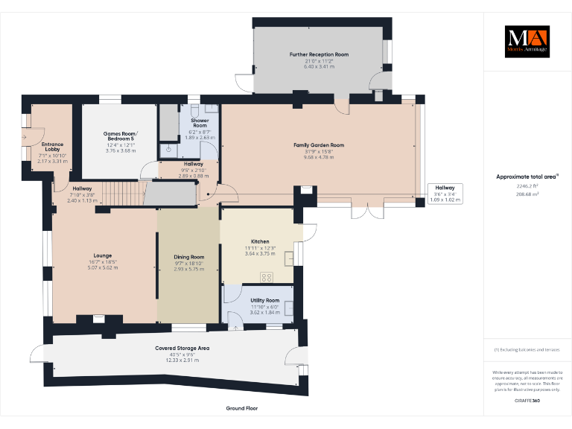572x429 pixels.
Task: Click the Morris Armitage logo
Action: tap(527, 42)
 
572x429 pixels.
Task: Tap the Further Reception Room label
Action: tap(319, 54)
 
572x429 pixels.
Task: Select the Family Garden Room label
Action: tap(319, 145)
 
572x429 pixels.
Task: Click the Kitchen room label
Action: tap(260, 242)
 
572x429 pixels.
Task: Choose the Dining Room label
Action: tap(188, 257)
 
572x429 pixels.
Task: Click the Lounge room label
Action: tap(103, 255)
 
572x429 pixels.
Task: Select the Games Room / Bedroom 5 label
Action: tap(120, 136)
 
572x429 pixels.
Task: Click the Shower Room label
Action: tap(199, 123)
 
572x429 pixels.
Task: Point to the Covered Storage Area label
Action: tap(182, 348)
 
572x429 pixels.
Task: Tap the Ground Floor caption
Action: tap(241, 408)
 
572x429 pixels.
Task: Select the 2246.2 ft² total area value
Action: tap(527, 186)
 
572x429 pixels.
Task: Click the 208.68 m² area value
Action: tap(527, 193)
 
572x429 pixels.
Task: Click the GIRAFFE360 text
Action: tap(527, 401)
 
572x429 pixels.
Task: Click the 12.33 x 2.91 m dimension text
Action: tap(182, 360)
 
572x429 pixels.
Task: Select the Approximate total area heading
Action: tap(527, 177)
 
